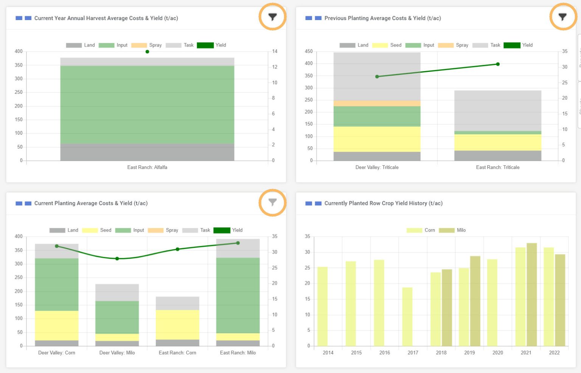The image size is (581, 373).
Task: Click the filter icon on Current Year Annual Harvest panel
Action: point(272,17)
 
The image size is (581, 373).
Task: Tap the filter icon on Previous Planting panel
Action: point(562,17)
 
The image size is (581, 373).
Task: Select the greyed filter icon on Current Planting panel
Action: point(272,202)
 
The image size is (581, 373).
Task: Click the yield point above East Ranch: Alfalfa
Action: point(147,51)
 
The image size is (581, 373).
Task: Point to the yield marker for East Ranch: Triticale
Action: point(498,64)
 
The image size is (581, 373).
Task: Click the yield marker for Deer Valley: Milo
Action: point(117,259)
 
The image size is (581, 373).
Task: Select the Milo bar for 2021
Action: point(531,294)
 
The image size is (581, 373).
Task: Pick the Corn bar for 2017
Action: point(407,317)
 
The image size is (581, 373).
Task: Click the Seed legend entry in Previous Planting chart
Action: point(387,45)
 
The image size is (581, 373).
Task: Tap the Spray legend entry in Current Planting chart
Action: point(163,230)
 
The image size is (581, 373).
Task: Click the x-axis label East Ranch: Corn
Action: point(177,353)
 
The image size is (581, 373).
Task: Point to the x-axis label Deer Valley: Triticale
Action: point(377,167)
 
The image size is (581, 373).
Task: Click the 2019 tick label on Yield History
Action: point(469,353)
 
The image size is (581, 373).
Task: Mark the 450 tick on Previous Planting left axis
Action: point(309,51)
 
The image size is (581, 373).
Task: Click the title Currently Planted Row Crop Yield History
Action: point(383,203)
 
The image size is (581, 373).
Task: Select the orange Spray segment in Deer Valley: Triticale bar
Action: point(377,103)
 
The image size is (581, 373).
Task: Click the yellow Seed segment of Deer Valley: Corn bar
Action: point(57,325)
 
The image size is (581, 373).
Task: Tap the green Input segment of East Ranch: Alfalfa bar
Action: point(147,105)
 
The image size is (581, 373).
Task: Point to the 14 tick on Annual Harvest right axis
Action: point(275,51)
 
